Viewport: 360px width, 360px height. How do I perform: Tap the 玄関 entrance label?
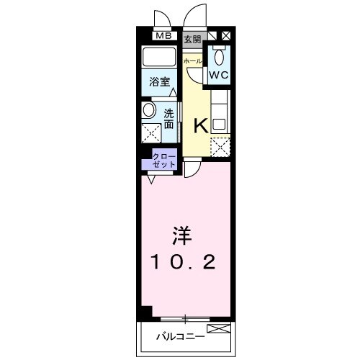[192, 39]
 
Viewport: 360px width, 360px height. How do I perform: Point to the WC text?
[220, 74]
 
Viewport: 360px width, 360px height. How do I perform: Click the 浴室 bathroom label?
[159, 82]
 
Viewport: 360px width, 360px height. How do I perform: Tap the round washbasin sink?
[148, 111]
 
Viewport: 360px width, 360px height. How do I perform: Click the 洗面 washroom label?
[168, 118]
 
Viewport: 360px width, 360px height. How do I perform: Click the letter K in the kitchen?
[202, 125]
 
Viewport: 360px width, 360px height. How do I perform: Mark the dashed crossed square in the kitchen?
[220, 147]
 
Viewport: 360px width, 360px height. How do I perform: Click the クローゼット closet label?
[163, 159]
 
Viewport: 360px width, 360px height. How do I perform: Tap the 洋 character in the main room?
[181, 235]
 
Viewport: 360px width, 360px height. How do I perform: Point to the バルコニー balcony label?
[181, 336]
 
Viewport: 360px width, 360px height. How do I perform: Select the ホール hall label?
[193, 61]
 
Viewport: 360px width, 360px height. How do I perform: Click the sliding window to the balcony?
[186, 318]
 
